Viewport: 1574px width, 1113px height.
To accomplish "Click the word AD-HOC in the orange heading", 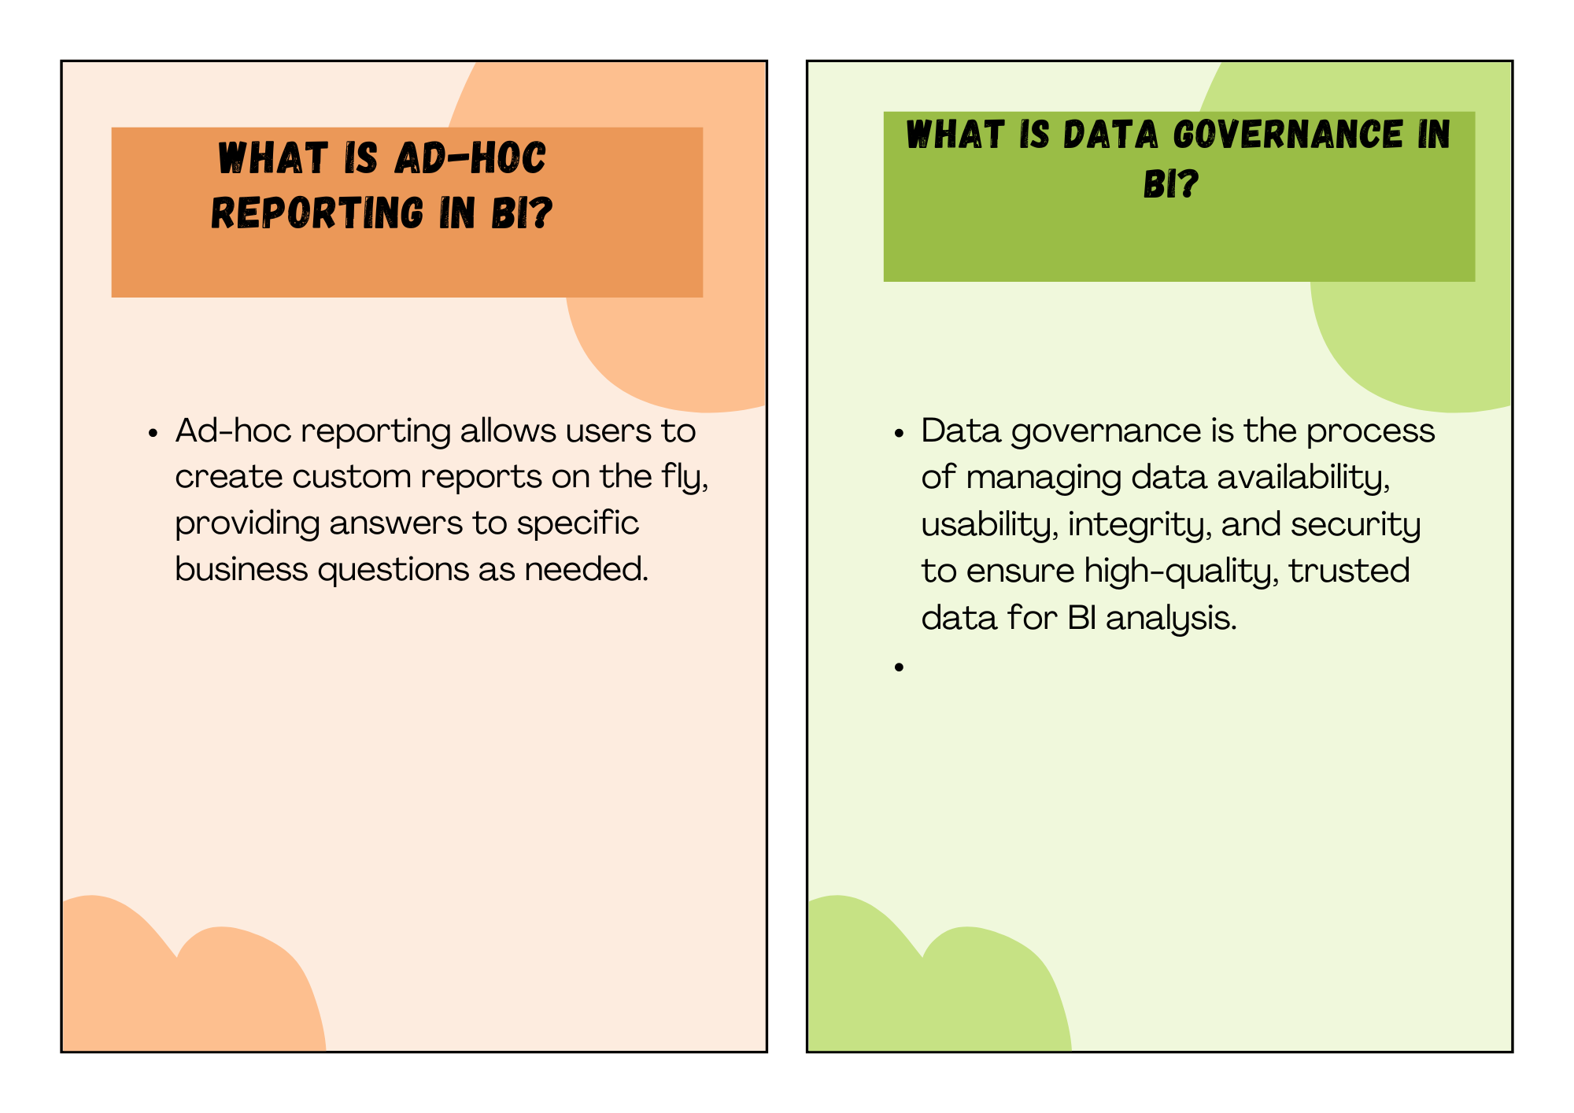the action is tap(470, 158).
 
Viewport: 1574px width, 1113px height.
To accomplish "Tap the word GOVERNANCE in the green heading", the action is tap(1288, 134).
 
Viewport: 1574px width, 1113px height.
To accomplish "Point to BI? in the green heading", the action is tap(1171, 184).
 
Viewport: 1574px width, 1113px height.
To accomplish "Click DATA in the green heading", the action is tap(1110, 134).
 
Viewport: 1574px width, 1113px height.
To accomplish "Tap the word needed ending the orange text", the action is tap(586, 569).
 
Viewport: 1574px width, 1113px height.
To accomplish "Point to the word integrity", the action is tap(1140, 525).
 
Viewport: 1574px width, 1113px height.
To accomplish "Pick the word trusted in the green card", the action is tap(1349, 571).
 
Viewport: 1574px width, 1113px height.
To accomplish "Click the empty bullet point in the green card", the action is tap(899, 667).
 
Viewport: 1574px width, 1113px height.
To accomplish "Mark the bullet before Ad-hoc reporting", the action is tap(153, 434).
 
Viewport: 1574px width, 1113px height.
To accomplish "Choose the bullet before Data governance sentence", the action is tap(899, 434).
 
